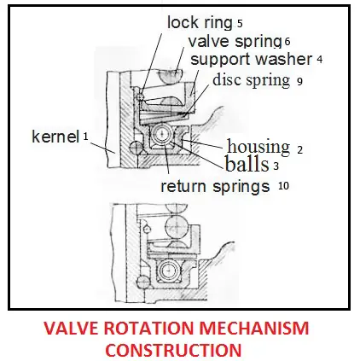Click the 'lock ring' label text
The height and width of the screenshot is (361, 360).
[200, 23]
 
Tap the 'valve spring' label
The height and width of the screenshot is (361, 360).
[235, 42]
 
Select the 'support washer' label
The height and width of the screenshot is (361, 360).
[252, 60]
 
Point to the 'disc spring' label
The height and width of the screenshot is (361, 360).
[252, 80]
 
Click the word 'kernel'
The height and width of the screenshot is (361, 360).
[55, 137]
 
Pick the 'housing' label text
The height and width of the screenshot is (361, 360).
[258, 148]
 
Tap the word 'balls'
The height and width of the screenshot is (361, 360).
[247, 164]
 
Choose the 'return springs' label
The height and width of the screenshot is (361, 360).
[215, 186]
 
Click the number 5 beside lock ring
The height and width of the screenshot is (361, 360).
[240, 24]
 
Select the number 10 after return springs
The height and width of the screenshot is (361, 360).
[283, 186]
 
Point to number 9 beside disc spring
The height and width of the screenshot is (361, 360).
[299, 82]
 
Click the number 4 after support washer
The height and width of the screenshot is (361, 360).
[320, 60]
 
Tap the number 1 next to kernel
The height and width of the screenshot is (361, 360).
[85, 137]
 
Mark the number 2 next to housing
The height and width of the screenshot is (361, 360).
[300, 150]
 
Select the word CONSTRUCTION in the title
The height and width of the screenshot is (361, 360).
[175, 350]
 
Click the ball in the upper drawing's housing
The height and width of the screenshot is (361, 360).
[162, 134]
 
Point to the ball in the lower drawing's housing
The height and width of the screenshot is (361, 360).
[169, 270]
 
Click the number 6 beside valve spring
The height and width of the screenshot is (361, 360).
[287, 42]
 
